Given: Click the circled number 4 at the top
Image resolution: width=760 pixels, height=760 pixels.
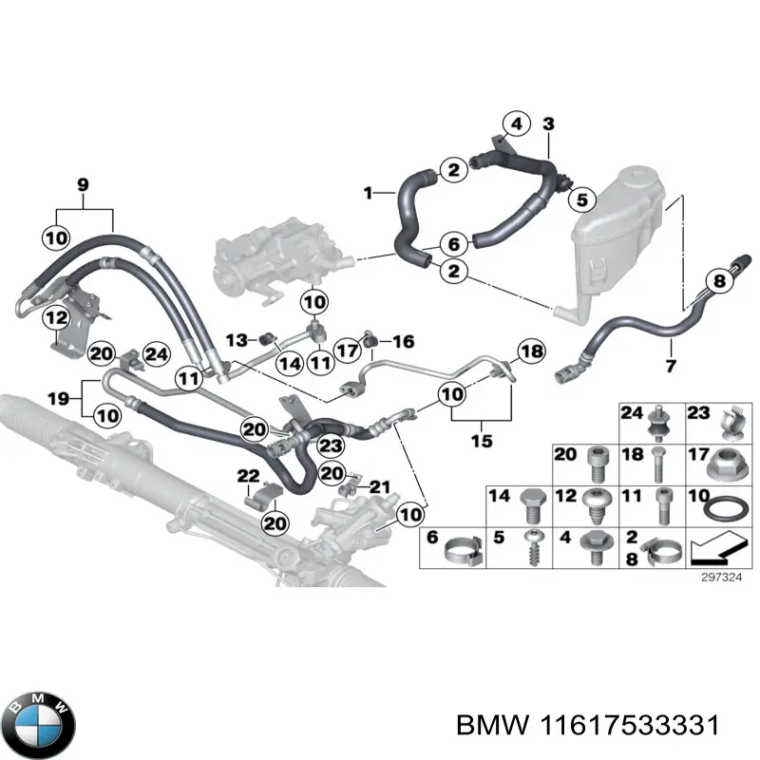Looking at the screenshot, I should click(516, 124).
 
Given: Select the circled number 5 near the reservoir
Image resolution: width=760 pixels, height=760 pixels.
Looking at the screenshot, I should click(582, 199).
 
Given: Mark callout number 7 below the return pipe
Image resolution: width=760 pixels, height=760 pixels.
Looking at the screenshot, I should click(670, 367).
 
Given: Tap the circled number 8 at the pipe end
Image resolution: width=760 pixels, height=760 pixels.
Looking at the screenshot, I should click(720, 281).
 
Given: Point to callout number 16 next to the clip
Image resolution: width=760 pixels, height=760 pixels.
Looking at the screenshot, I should click(403, 340).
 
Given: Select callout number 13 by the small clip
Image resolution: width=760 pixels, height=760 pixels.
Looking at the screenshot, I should click(235, 339).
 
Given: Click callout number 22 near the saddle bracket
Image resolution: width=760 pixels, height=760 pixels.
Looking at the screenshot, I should click(248, 475).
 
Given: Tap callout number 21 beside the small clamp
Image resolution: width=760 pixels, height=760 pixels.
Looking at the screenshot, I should click(380, 487).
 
